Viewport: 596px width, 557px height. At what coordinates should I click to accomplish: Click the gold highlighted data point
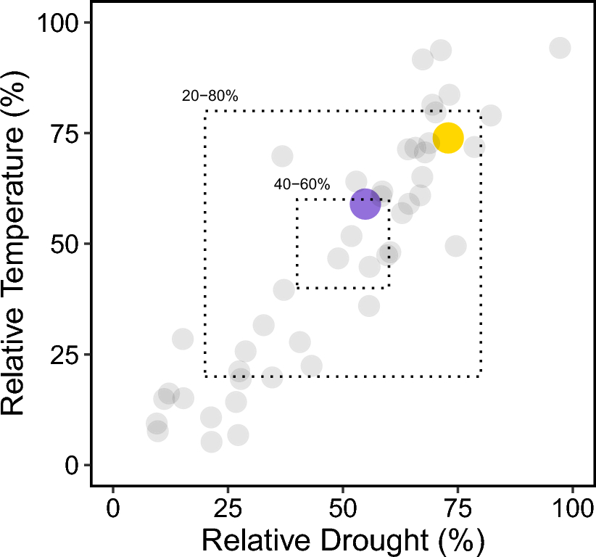(x=448, y=138)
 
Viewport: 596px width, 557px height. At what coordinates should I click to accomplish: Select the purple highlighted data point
(x=365, y=204)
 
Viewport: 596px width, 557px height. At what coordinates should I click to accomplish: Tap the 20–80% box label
(x=210, y=96)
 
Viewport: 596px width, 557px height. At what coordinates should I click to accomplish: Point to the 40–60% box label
(x=302, y=184)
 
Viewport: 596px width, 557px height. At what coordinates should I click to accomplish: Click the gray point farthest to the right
(x=560, y=48)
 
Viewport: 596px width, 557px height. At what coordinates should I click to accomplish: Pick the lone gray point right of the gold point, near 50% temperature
(x=455, y=246)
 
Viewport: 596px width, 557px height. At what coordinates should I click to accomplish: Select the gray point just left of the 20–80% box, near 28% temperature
(x=183, y=339)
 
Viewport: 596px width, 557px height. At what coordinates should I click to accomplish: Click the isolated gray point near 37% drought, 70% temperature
(x=282, y=156)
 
